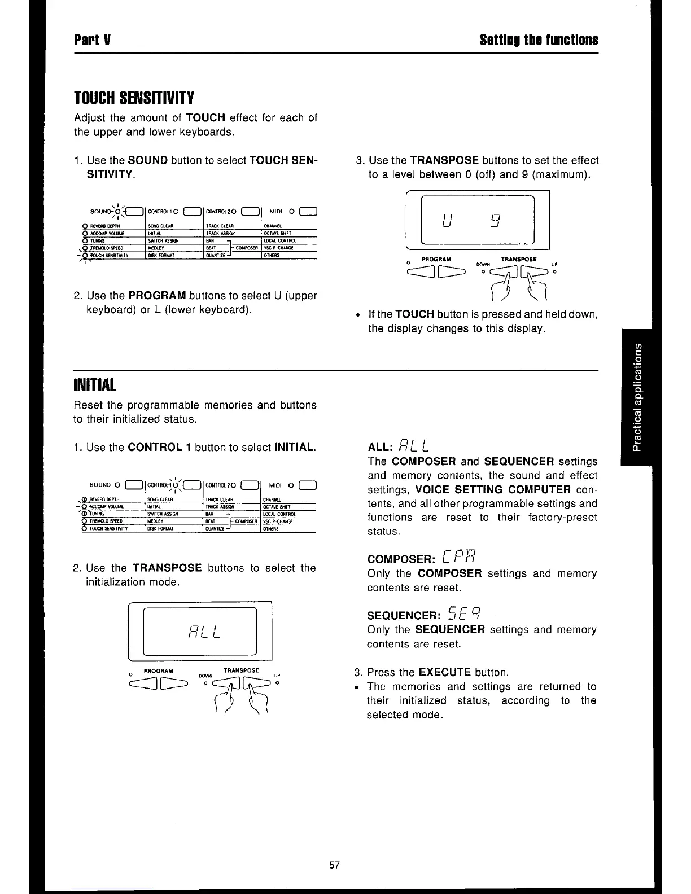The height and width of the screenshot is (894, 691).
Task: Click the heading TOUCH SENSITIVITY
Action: [134, 98]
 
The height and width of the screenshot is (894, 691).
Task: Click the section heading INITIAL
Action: [95, 385]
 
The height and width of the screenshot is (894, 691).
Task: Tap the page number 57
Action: [335, 865]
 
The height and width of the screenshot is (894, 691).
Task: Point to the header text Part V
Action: [92, 40]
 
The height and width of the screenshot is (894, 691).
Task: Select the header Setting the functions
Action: [539, 40]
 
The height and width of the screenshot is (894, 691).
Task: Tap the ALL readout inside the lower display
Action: [200, 630]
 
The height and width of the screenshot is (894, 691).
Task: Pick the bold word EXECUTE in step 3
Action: [444, 672]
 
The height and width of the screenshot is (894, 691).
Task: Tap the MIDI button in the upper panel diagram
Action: [308, 212]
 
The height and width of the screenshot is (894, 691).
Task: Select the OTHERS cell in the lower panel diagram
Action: [272, 529]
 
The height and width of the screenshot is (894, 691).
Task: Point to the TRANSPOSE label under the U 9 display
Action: [518, 259]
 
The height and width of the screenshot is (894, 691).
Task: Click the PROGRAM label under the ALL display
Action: [159, 671]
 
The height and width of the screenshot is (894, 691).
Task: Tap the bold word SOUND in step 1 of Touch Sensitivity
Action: [148, 160]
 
